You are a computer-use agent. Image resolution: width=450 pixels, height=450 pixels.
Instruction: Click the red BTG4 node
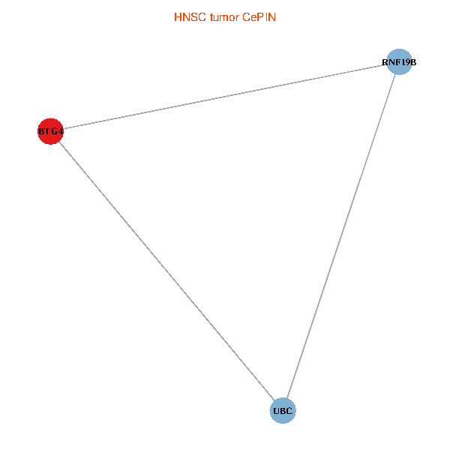pyautogui.click(x=50, y=131)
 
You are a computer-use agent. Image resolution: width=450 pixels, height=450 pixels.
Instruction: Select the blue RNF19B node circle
pyautogui.click(x=399, y=61)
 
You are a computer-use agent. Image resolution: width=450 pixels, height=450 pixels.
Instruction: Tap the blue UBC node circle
pyautogui.click(x=283, y=411)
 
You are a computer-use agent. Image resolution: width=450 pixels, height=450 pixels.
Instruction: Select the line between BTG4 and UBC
pyautogui.click(x=166, y=271)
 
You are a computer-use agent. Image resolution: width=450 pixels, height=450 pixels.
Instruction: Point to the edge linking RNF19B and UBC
pyautogui.click(x=341, y=236)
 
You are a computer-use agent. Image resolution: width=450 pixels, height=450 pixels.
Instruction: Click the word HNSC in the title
pyautogui.click(x=190, y=17)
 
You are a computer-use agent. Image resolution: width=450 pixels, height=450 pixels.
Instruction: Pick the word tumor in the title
pyautogui.click(x=224, y=17)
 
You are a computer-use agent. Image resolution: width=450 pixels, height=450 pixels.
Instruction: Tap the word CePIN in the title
pyautogui.click(x=259, y=17)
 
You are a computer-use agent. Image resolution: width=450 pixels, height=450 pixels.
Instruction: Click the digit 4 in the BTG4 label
pyautogui.click(x=60, y=131)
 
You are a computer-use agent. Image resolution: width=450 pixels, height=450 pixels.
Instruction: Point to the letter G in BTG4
pyautogui.click(x=55, y=131)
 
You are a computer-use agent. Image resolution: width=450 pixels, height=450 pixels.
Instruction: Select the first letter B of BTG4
pyautogui.click(x=41, y=131)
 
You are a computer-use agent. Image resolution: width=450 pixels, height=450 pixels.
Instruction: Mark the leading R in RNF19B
pyautogui.click(x=385, y=62)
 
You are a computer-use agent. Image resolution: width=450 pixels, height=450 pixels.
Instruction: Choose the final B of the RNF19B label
pyautogui.click(x=412, y=62)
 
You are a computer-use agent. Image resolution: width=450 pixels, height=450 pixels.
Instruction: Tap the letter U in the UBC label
pyautogui.click(x=277, y=411)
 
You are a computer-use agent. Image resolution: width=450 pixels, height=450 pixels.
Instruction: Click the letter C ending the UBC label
pyautogui.click(x=289, y=411)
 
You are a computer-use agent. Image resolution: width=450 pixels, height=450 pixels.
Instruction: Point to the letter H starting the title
pyautogui.click(x=178, y=17)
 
